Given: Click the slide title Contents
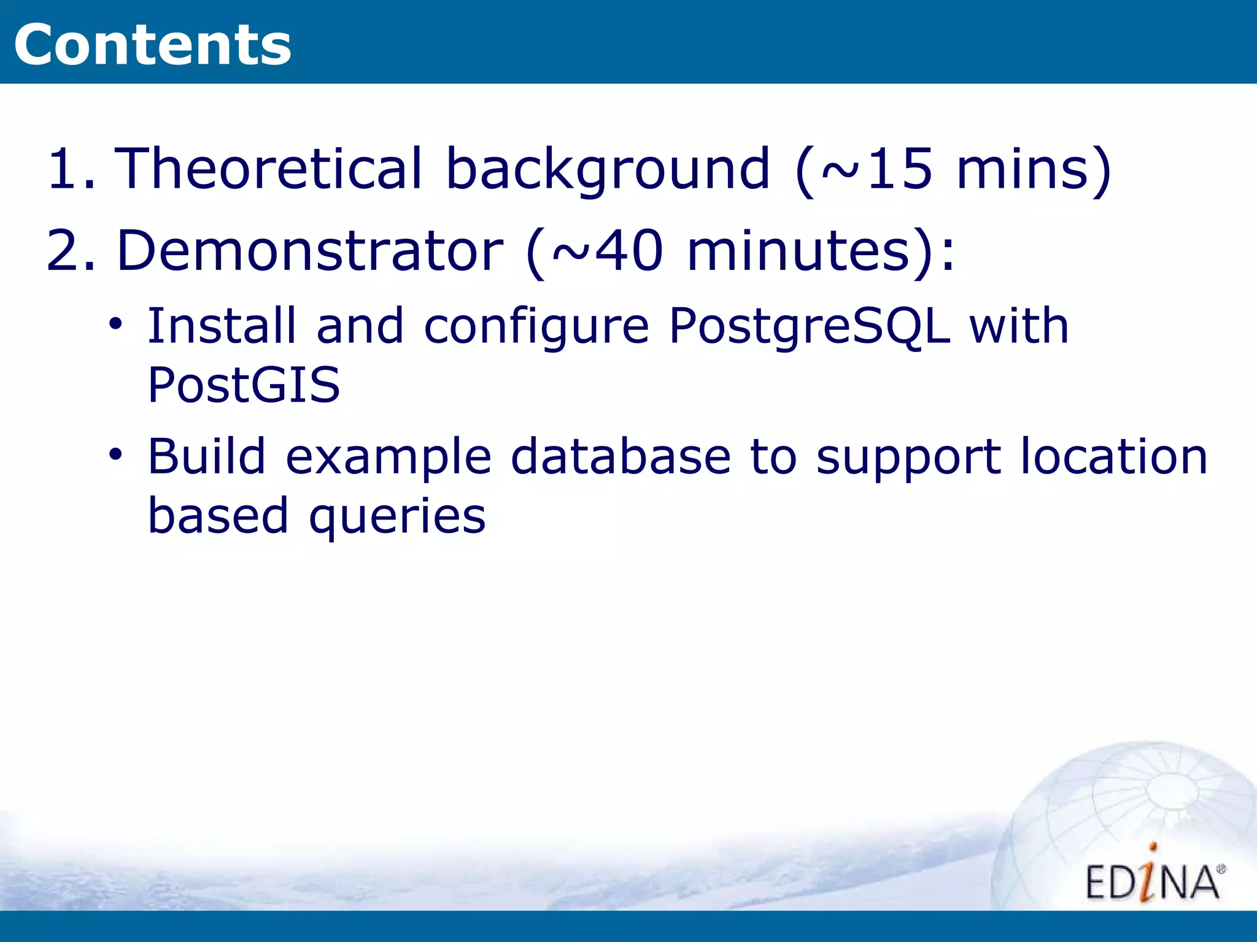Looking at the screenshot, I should pyautogui.click(x=152, y=44).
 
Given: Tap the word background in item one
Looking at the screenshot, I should pyautogui.click(x=607, y=169).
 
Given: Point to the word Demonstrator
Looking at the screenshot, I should pyautogui.click(x=309, y=250).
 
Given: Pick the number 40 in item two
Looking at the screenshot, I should pyautogui.click(x=630, y=250).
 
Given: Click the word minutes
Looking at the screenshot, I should pyautogui.click(x=797, y=250).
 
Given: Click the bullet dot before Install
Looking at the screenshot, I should pyautogui.click(x=115, y=323).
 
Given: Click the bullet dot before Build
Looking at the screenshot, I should pyautogui.click(x=115, y=454).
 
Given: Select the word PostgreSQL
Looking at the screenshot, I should pyautogui.click(x=809, y=326).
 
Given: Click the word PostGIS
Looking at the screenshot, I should pyautogui.click(x=244, y=385).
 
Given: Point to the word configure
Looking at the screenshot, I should pyautogui.click(x=536, y=326).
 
